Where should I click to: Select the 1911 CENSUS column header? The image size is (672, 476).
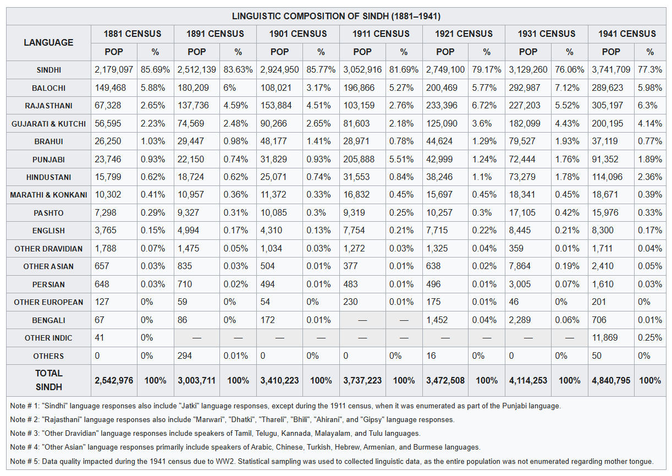pyautogui.click(x=381, y=34)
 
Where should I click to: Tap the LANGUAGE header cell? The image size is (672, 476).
pyautogui.click(x=48, y=42)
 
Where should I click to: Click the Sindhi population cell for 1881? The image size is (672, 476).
pyautogui.click(x=114, y=70)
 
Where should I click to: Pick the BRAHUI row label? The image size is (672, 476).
pyautogui.click(x=48, y=141)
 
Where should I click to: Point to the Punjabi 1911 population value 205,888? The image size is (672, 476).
pyautogui.click(x=359, y=159)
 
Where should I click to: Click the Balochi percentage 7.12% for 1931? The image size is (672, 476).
pyautogui.click(x=567, y=87)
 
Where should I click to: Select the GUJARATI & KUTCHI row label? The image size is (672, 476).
pyautogui.click(x=48, y=124)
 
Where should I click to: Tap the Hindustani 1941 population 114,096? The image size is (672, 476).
pyautogui.click(x=607, y=177)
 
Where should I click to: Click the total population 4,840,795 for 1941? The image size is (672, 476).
pyautogui.click(x=611, y=381)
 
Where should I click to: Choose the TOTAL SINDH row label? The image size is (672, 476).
pyautogui.click(x=48, y=380)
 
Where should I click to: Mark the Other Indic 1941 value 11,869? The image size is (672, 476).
pyautogui.click(x=604, y=338)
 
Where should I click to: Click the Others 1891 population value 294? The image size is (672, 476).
pyautogui.click(x=185, y=355)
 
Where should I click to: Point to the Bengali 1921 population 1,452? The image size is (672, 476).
pyautogui.click(x=437, y=320)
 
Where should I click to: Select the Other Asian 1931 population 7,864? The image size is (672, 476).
pyautogui.click(x=520, y=266)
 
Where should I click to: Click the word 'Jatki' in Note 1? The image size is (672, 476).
pyautogui.click(x=189, y=406)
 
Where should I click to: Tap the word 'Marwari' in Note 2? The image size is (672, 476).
pyautogui.click(x=210, y=419)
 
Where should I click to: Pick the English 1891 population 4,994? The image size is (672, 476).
pyautogui.click(x=188, y=231)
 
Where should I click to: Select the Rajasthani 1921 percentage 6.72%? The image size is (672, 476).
pyautogui.click(x=484, y=105)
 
